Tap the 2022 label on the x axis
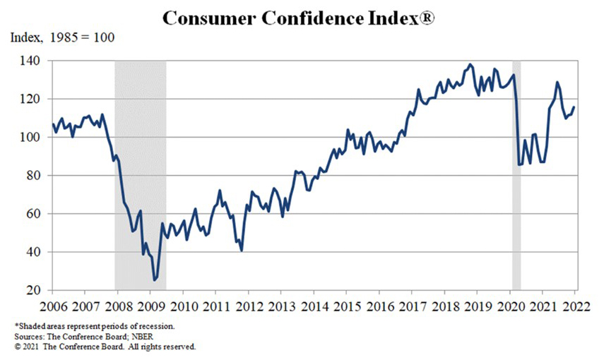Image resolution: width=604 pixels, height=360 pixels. (x=574, y=306)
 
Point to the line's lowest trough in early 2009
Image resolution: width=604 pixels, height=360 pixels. (x=155, y=280)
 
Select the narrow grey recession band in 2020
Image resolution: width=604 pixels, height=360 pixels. (x=516, y=176)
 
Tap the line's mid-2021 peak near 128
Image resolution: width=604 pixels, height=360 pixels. (x=557, y=83)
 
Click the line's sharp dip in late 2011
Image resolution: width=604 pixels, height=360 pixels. (x=242, y=251)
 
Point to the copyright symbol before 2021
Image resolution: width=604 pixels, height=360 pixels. (x=18, y=347)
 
